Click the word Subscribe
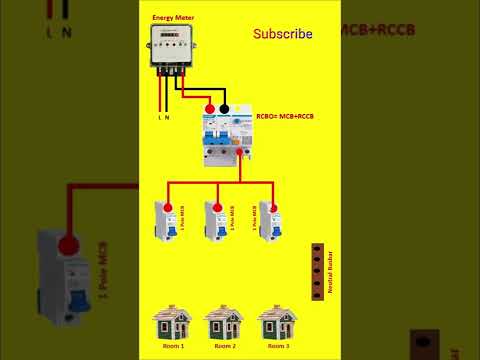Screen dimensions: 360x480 282,34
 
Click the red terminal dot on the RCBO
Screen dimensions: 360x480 209,108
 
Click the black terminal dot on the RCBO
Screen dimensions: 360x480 225,108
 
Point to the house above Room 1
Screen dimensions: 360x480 171,322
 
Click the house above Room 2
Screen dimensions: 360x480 224,322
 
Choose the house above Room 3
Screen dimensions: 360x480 277,322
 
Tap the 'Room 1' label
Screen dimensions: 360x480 171,345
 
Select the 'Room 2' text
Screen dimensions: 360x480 224,345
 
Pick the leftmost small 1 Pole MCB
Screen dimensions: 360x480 164,222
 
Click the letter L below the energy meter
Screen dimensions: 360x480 158,117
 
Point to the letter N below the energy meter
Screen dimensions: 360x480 167,117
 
